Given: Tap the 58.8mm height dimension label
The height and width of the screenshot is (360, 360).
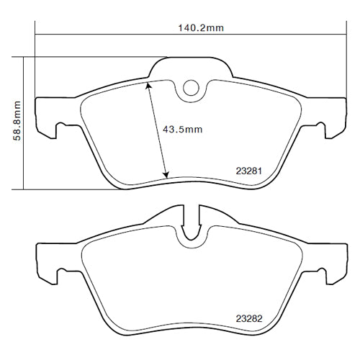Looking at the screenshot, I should click(x=16, y=123).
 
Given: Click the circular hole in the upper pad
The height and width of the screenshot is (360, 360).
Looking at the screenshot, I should click(x=191, y=88).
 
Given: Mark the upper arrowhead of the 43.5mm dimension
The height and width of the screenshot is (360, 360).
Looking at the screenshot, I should click(x=148, y=84).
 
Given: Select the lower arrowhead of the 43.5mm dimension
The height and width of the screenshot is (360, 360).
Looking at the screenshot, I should click(x=166, y=175).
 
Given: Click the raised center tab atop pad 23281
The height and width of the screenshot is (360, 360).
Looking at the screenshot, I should click(x=191, y=66).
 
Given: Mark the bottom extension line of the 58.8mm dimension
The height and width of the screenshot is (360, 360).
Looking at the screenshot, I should click(x=72, y=189).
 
